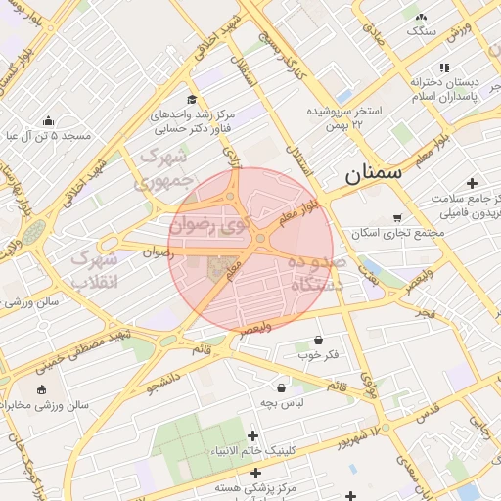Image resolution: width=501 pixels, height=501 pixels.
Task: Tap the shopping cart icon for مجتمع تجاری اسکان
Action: point(396,218)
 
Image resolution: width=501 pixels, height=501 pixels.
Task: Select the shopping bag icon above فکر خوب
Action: point(319,340)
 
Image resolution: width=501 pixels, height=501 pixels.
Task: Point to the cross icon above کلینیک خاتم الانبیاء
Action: point(253,435)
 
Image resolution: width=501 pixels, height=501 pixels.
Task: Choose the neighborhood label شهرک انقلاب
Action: point(96,270)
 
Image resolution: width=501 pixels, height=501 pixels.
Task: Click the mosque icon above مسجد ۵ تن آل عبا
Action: point(48,120)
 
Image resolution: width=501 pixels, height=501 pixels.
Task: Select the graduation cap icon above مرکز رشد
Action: point(193,99)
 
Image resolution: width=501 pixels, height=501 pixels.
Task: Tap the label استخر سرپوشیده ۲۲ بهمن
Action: point(353,118)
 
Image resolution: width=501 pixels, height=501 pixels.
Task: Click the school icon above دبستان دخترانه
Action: point(444,68)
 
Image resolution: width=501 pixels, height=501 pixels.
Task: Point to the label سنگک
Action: point(422,31)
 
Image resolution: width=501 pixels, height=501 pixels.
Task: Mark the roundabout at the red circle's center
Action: point(260,238)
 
